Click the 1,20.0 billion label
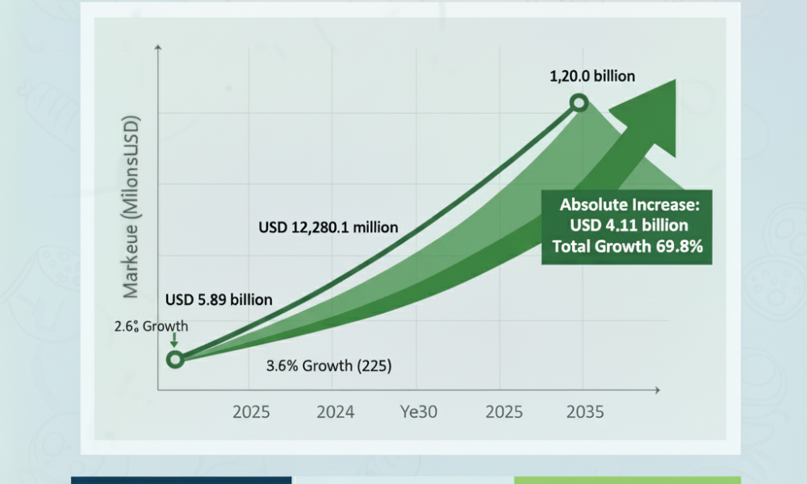(592, 76)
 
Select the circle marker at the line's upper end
(579, 103)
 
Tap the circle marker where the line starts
(175, 359)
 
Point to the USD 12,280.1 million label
(328, 227)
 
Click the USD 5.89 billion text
(219, 299)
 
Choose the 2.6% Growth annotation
(152, 326)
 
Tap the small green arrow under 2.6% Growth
(174, 340)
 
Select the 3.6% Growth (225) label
(329, 365)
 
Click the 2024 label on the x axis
(336, 412)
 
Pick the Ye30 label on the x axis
(419, 412)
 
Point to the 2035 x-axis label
(585, 412)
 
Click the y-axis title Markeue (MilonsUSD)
(131, 207)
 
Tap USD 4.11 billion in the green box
(629, 225)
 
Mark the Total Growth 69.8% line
(628, 246)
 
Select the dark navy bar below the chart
(181, 481)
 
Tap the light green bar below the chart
(627, 481)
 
